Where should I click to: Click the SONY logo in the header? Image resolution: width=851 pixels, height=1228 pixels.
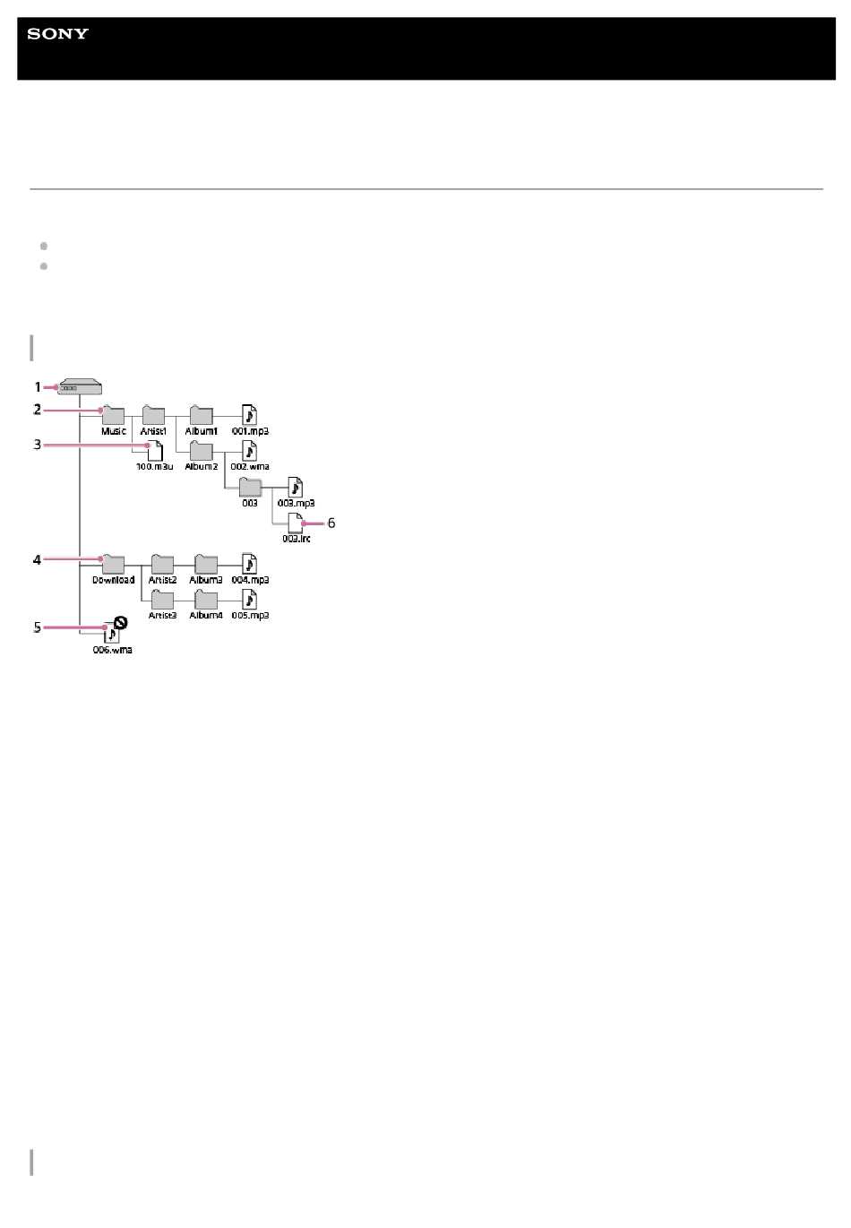57,34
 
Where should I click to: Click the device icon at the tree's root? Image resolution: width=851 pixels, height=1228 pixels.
80,388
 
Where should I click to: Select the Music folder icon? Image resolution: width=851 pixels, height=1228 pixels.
113,415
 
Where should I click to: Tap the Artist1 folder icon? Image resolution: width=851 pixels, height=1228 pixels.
153,415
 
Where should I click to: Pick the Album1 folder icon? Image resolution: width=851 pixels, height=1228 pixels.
201,415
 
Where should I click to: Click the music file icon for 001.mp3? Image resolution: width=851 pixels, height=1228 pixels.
250,414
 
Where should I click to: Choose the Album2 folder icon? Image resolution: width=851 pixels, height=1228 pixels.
201,451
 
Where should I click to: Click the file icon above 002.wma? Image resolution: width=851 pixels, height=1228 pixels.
250,450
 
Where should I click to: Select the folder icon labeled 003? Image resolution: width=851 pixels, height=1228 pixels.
250,488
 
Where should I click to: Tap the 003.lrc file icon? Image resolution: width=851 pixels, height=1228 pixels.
296,523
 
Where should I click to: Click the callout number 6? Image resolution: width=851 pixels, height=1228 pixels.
331,523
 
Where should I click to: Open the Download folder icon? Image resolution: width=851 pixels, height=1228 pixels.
113,564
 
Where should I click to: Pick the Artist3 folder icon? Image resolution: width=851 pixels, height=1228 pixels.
162,600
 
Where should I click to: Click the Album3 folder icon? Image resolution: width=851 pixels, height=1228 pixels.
206,564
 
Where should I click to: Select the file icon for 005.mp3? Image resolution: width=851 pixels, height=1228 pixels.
250,599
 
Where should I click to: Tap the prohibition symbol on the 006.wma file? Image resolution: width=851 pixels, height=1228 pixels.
120,621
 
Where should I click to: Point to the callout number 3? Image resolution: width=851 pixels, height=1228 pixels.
38,445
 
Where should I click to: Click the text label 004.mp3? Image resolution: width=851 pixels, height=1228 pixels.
251,580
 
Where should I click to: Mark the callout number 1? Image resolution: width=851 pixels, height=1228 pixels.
38,387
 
